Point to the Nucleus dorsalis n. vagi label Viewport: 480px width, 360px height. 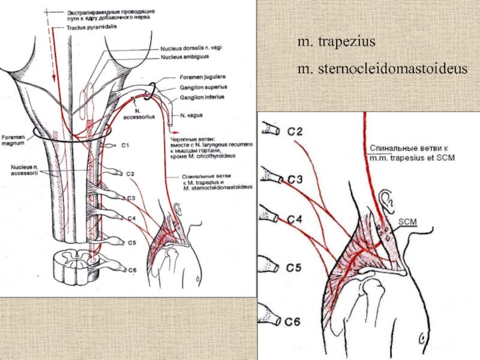[x=189, y=49]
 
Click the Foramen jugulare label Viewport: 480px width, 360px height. [x=199, y=77]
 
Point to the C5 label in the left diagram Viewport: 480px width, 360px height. [x=133, y=243]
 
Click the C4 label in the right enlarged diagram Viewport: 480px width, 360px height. [x=293, y=220]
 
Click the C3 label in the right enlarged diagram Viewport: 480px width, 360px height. [x=294, y=178]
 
